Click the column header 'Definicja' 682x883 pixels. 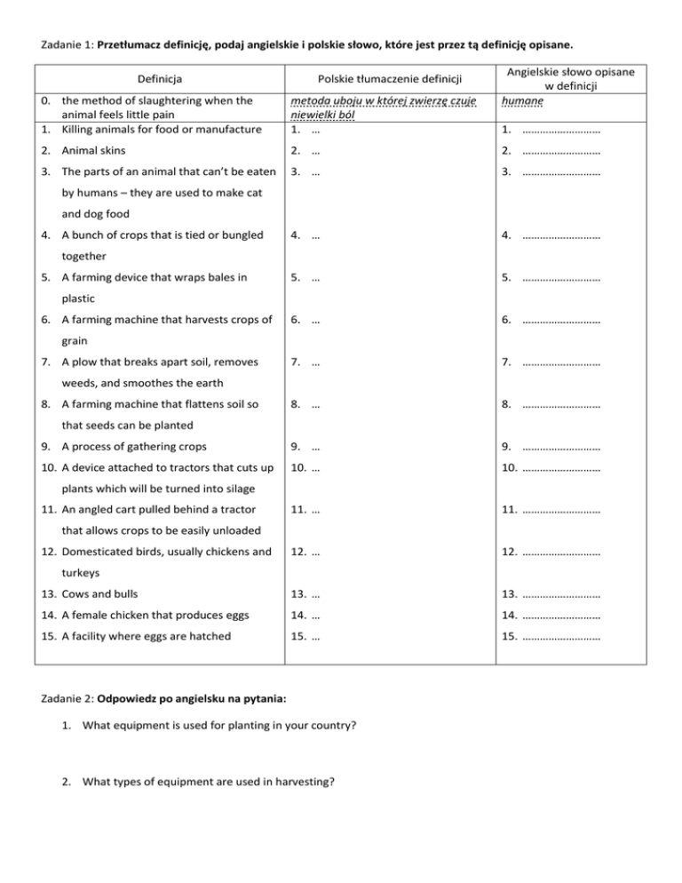click(155, 78)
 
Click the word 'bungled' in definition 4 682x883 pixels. click(243, 235)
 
